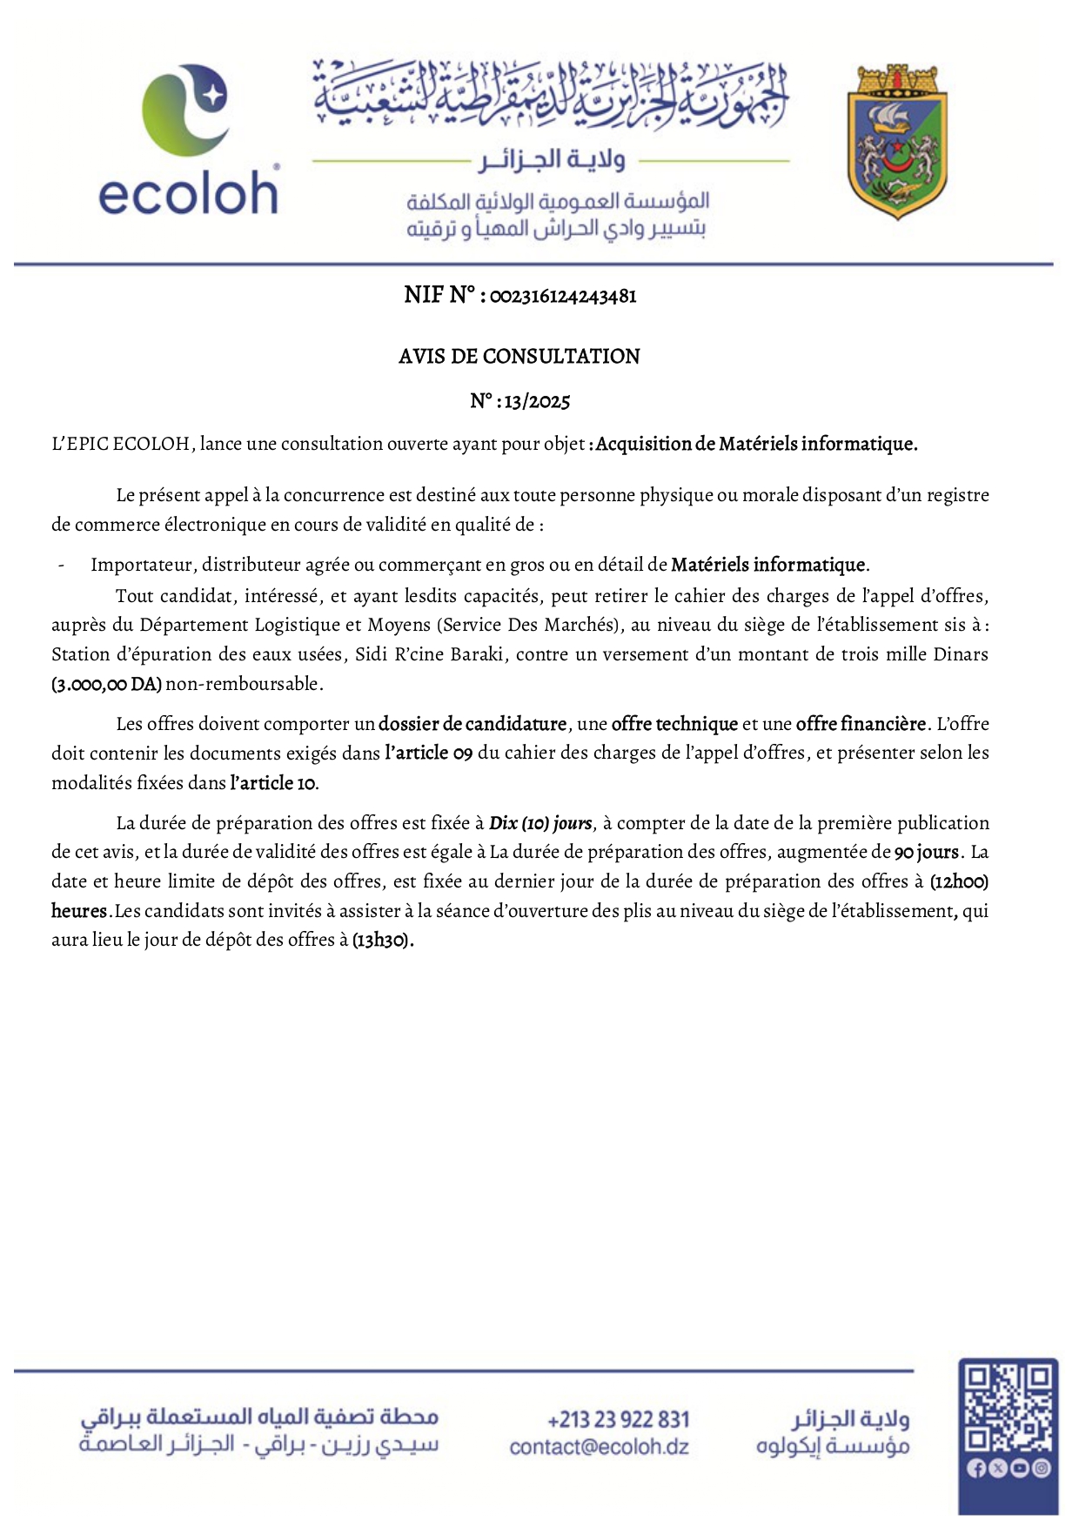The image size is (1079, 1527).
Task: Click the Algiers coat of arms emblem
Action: [897, 142]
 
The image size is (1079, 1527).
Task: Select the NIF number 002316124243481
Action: [563, 297]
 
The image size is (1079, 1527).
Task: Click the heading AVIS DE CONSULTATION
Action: [519, 356]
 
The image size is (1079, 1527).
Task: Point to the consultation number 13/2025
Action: [537, 402]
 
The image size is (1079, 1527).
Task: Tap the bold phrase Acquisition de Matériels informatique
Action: [756, 444]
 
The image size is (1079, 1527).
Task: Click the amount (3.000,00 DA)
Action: [106, 684]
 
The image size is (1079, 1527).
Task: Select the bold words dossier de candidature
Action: [472, 724]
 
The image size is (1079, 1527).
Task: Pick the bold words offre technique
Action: [674, 724]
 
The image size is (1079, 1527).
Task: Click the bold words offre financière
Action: [861, 724]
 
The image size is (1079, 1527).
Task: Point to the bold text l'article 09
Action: [429, 753]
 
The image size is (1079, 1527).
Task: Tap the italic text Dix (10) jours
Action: [540, 823]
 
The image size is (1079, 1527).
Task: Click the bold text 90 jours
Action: [926, 852]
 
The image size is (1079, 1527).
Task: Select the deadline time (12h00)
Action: [959, 881]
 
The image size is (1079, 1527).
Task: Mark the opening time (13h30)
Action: [383, 941]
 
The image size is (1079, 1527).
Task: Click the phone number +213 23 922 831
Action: [618, 1420]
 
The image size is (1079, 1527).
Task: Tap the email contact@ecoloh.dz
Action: [599, 1447]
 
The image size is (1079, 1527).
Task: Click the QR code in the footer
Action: [1008, 1408]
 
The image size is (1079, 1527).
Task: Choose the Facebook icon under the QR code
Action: [975, 1469]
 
